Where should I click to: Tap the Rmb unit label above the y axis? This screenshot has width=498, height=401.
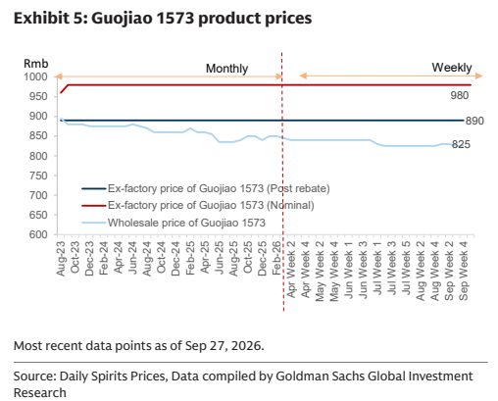coord(36,64)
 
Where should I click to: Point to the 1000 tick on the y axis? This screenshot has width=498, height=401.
coord(35,77)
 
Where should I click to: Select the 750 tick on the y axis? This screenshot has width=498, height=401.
coord(38,175)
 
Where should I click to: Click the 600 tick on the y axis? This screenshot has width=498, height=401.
coord(38,234)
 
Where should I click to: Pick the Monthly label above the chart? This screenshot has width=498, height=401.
coord(226,69)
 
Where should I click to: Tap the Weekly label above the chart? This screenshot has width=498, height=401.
coord(452,68)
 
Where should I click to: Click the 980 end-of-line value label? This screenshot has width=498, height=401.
coord(460,95)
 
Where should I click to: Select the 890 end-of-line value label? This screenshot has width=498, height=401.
coord(474,121)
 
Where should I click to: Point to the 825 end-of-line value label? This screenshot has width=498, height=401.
coord(461,144)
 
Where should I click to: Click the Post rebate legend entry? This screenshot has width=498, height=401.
coord(206,188)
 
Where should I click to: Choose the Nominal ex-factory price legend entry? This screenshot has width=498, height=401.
coord(198,205)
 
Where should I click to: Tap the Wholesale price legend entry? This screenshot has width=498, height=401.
coord(174,223)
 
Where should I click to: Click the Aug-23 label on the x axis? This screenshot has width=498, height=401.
coord(61,259)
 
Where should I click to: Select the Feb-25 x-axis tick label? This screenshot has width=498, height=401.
coord(190,258)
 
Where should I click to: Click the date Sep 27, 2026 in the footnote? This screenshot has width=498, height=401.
coord(224,346)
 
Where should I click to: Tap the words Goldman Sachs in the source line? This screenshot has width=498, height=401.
coord(320,376)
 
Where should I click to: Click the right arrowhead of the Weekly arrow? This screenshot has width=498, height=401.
coord(479,76)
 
